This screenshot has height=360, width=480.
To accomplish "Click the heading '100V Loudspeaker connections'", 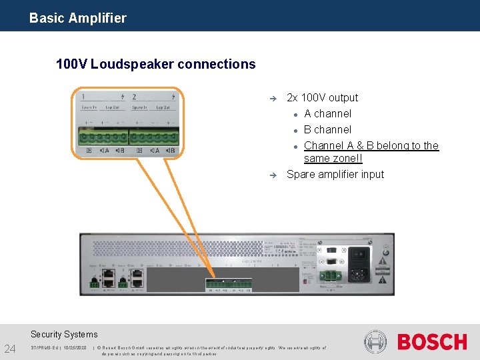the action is click(156, 64).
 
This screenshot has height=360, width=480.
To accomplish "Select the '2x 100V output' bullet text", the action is click(322, 97).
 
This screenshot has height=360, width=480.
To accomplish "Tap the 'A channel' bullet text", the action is click(327, 113).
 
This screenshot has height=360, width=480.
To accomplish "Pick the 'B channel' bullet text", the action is click(327, 129).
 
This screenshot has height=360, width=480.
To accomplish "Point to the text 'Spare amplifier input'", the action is click(335, 174).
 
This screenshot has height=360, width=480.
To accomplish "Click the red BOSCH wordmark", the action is click(432, 343).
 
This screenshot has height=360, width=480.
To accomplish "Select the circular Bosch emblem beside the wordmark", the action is click(375, 342).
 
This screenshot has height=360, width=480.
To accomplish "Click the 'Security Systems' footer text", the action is click(64, 334).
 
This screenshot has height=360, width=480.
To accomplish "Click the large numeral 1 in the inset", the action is click(82, 97).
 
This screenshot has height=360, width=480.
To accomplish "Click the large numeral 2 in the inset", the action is click(134, 97).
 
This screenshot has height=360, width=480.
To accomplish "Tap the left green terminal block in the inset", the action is click(103, 138).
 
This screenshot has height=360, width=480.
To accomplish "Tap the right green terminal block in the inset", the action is click(154, 138).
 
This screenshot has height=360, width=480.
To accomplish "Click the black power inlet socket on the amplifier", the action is click(359, 255).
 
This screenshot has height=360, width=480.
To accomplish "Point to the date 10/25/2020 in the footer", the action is click(72, 347).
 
